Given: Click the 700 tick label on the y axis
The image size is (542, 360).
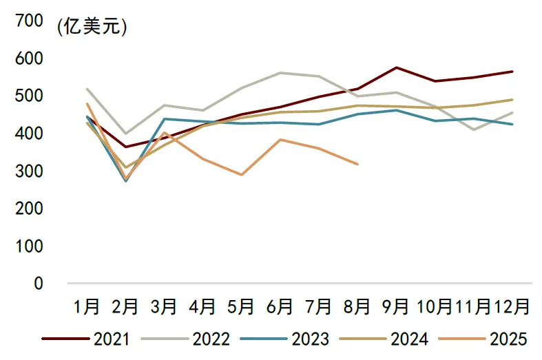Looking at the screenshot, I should pyautogui.click(x=28, y=21).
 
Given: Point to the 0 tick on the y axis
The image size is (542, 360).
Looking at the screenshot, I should pyautogui.click(x=38, y=283).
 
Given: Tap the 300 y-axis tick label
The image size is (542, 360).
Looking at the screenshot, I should pyautogui.click(x=28, y=171).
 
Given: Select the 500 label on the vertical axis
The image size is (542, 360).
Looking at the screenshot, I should pyautogui.click(x=28, y=96).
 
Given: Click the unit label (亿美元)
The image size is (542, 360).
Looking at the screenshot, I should pyautogui.click(x=91, y=27).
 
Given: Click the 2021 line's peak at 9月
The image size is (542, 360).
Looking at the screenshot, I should pyautogui.click(x=396, y=67).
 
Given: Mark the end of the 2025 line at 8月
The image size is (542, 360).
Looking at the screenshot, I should pyautogui.click(x=357, y=164).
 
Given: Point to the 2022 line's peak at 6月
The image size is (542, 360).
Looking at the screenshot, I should pyautogui.click(x=280, y=72).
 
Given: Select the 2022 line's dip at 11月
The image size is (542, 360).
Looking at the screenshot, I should pyautogui.click(x=473, y=129).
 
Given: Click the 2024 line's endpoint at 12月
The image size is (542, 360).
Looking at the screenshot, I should pyautogui.click(x=512, y=99).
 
